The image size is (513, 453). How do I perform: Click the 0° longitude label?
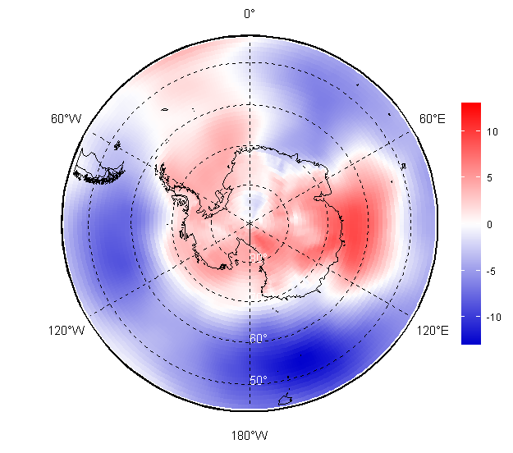pyautogui.click(x=249, y=13)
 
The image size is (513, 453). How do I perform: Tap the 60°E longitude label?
pyautogui.click(x=433, y=119)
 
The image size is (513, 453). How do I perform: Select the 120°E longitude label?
pyautogui.click(x=432, y=331)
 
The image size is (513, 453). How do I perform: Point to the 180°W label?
pyautogui.click(x=249, y=435)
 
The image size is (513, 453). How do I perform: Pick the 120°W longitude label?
pyautogui.click(x=66, y=331)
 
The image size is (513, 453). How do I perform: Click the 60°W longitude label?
pyautogui.click(x=66, y=119)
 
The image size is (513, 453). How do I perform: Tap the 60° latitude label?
pyautogui.click(x=258, y=338)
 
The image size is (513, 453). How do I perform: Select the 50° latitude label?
pyautogui.click(x=258, y=380)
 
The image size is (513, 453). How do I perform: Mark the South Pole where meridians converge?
pyautogui.click(x=250, y=222)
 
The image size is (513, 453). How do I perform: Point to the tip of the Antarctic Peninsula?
pyautogui.click(x=162, y=171)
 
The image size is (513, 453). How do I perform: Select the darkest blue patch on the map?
pyautogui.click(x=295, y=361)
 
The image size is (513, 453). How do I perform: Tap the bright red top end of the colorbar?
pyautogui.click(x=470, y=107)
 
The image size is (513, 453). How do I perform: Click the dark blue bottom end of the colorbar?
pyautogui.click(x=470, y=339)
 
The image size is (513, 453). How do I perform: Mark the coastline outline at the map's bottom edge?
pyautogui.click(x=286, y=400)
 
